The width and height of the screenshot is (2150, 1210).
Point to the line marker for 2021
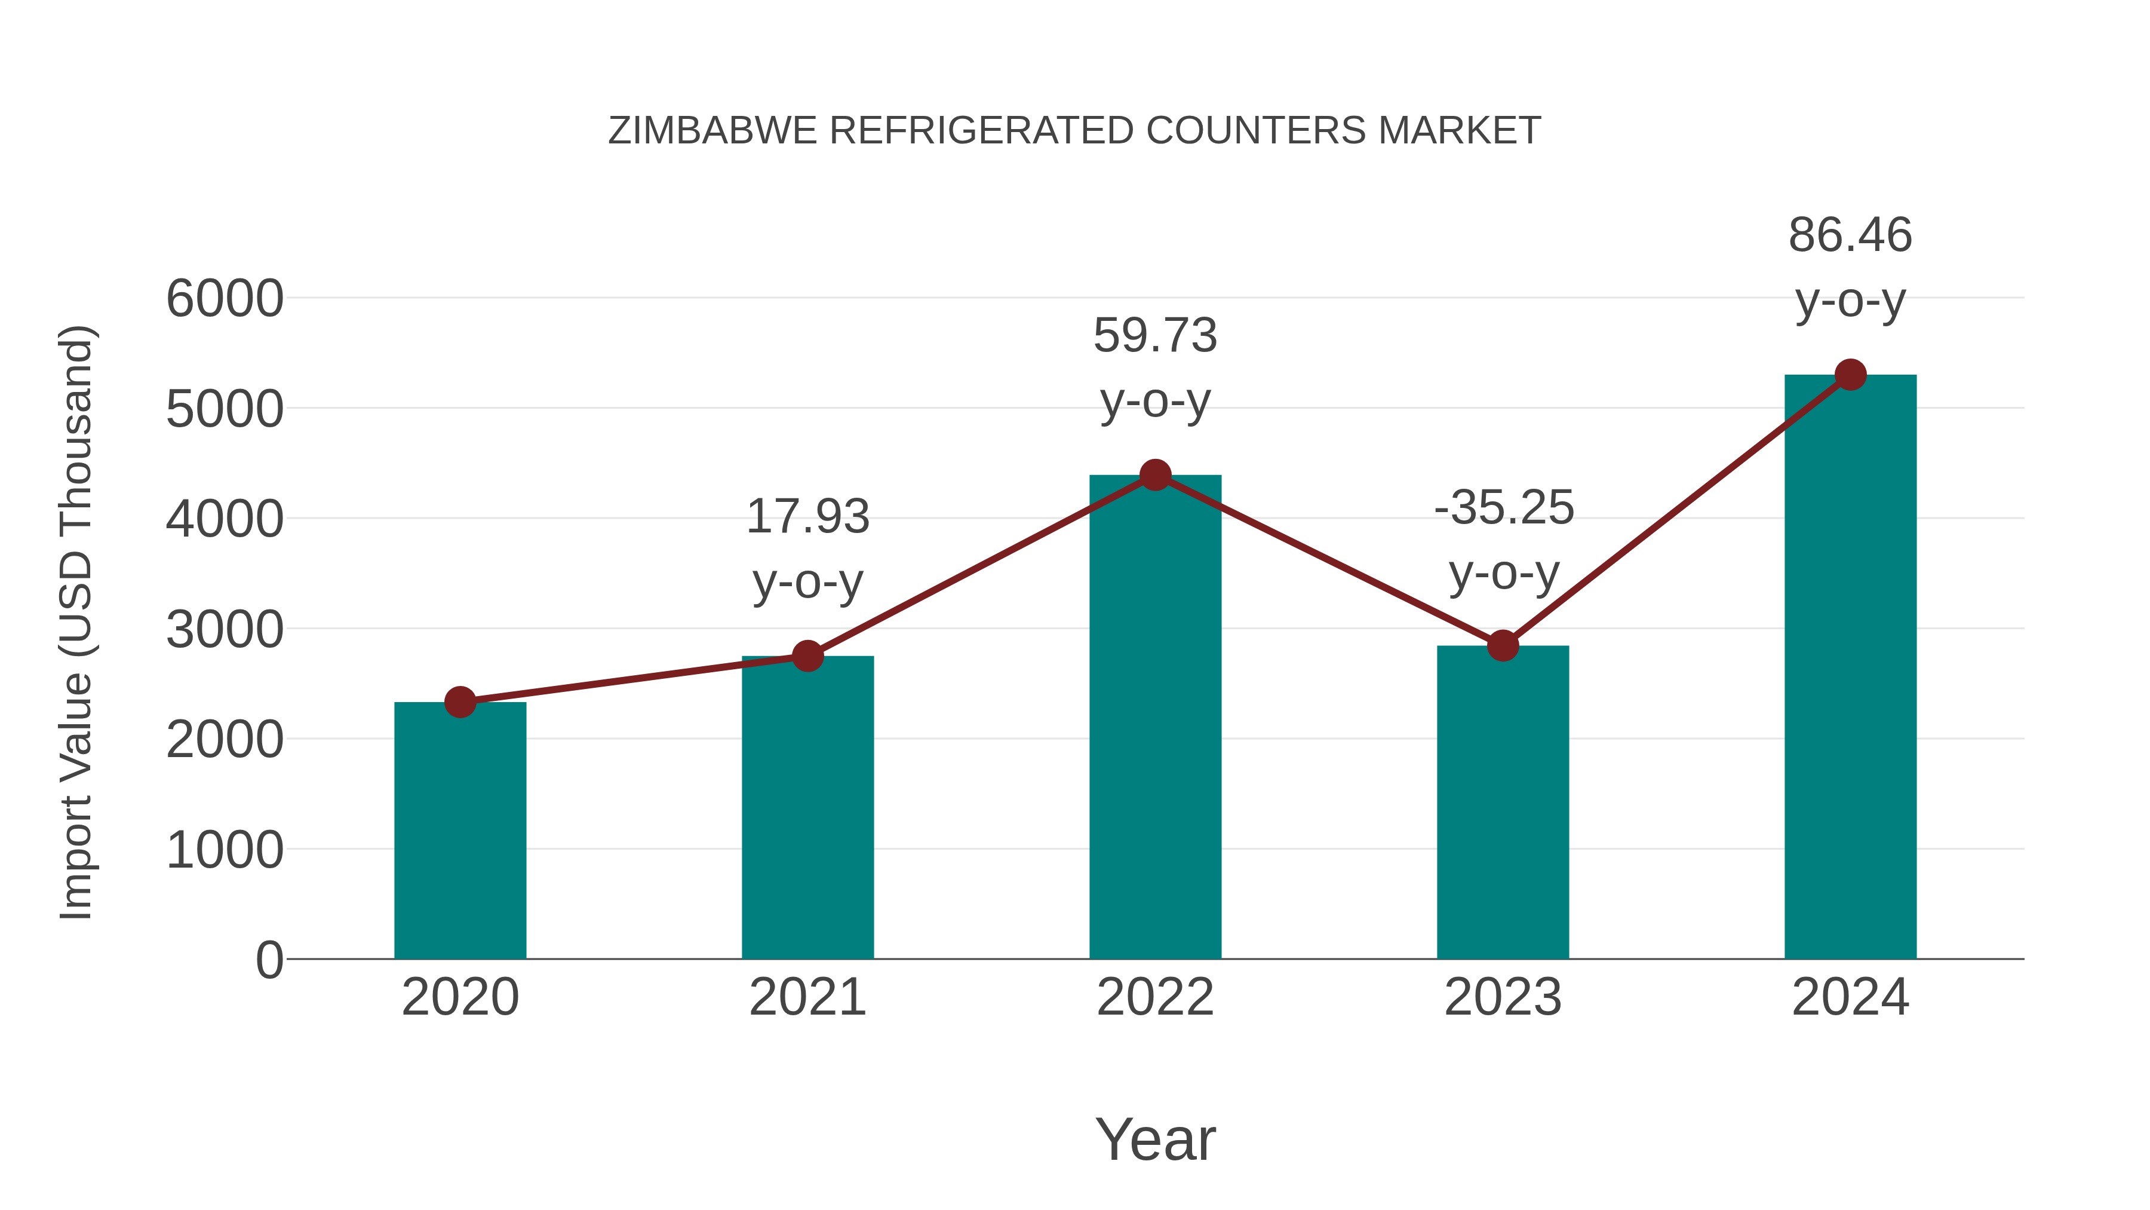click(808, 656)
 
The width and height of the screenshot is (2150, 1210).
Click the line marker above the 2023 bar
click(1503, 645)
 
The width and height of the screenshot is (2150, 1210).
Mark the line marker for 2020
click(460, 702)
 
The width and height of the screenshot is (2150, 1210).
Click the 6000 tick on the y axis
click(225, 299)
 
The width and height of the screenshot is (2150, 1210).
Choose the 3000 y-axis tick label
click(225, 630)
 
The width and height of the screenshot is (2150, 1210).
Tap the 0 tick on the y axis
click(269, 960)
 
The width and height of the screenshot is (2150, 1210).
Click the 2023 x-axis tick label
click(1503, 997)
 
